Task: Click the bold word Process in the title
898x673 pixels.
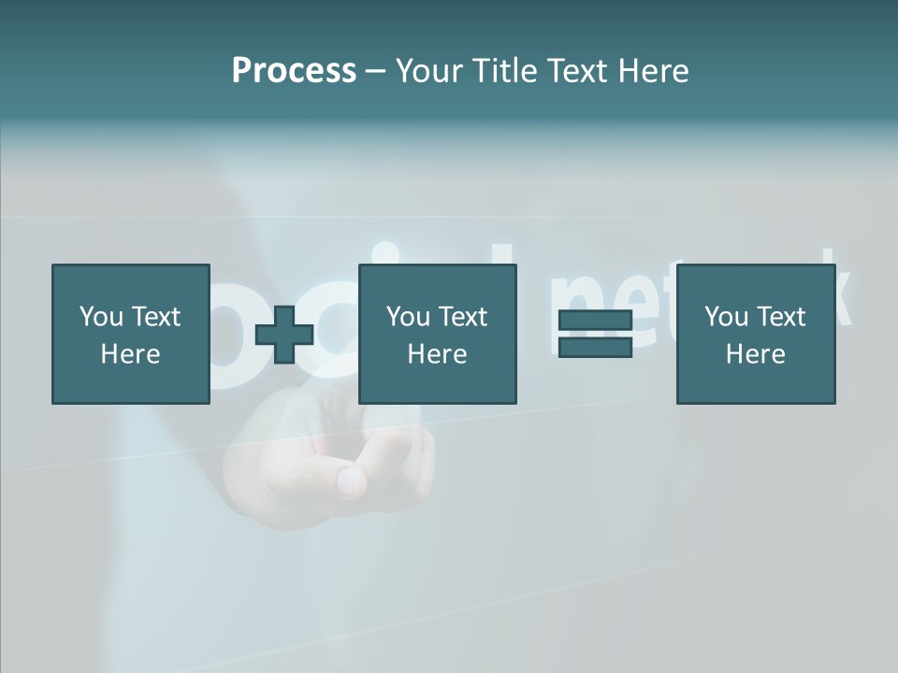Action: pos(294,70)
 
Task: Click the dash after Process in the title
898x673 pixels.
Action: pos(376,71)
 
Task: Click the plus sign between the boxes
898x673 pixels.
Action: pos(284,334)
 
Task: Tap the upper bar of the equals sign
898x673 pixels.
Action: pos(595,321)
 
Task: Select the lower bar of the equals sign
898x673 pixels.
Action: pos(595,347)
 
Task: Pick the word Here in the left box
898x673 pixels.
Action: pos(130,354)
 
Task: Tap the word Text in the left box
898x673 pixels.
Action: pos(155,317)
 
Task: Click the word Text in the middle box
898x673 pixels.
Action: pos(462,317)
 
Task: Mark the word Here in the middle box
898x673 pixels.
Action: pos(437,354)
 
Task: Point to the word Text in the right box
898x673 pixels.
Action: pos(780,317)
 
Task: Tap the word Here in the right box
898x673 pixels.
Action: pos(755,354)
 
